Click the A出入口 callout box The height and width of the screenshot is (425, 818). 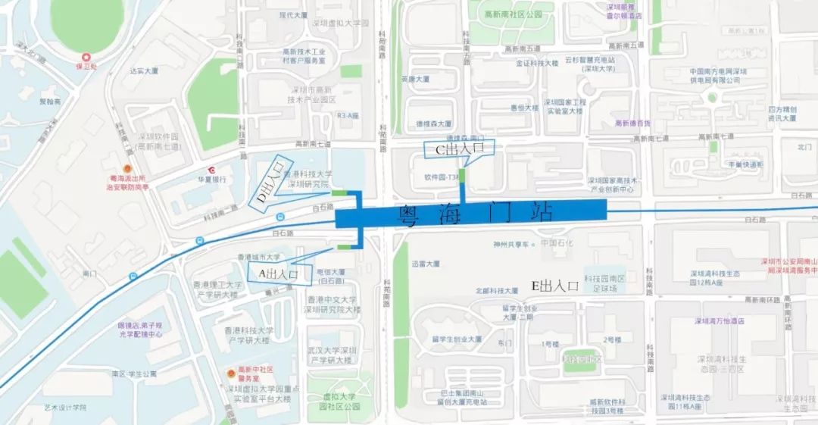pos(278,271)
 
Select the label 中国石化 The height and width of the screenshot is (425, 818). pos(559,244)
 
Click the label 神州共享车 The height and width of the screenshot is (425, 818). pos(511,244)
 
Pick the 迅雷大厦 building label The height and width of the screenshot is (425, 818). pos(426,264)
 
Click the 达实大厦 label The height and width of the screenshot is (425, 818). pos(144,71)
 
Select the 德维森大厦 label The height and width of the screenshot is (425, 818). pos(432,123)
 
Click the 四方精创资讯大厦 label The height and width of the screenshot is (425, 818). pos(781,114)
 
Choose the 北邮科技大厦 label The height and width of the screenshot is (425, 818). pos(496,290)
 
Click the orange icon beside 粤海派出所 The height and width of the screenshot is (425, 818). pos(128,168)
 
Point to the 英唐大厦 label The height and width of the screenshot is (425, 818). pos(415,78)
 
